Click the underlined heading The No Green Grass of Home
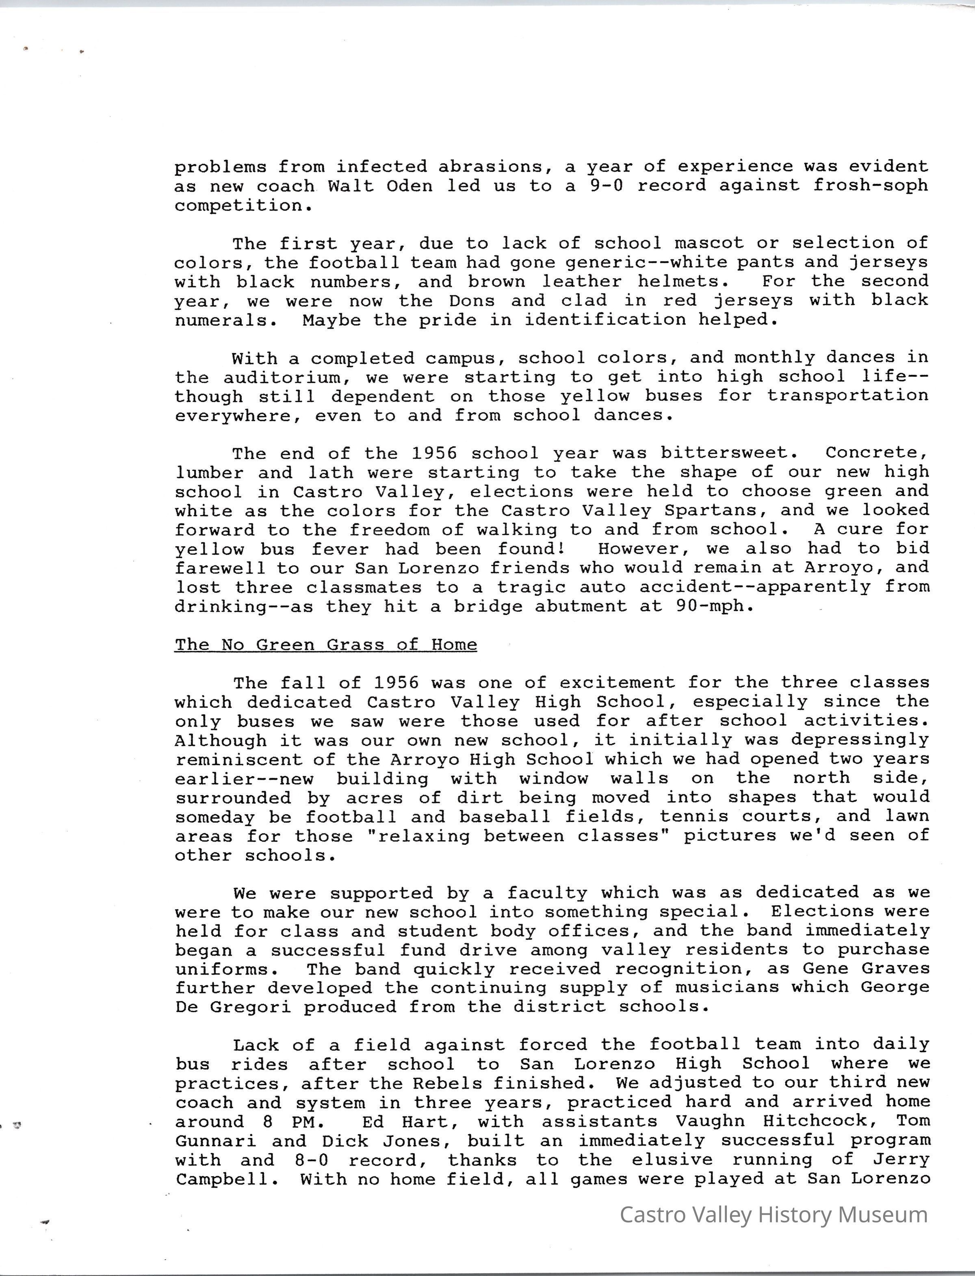[325, 644]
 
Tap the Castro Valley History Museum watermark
[773, 1214]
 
